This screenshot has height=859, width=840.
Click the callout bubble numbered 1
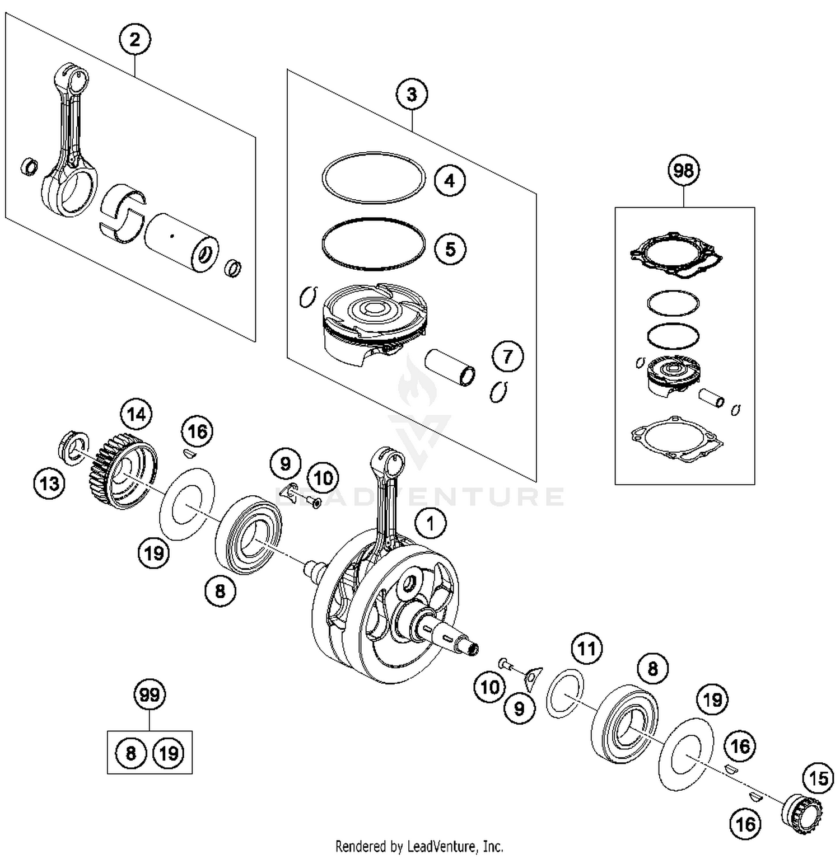coord(430,524)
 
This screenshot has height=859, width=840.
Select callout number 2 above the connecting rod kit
coord(134,40)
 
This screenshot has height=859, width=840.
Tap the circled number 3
coord(412,95)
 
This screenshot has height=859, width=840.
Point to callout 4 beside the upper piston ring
coord(450,181)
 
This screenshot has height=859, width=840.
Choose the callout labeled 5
coord(450,249)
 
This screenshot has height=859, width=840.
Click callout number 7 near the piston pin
coord(507,356)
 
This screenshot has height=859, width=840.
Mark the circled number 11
coord(586,649)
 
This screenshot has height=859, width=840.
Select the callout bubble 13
coord(49,483)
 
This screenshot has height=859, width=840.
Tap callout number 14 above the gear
coord(136,415)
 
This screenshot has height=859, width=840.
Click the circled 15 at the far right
coord(818,778)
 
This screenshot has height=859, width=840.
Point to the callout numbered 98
coord(684,170)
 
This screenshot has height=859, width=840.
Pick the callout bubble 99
coord(150,695)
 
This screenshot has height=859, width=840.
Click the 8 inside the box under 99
coord(130,753)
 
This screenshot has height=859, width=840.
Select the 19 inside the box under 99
coord(169,753)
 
